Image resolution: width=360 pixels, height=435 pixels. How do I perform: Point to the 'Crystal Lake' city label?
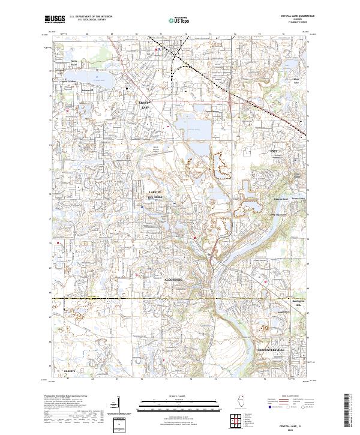pyautogui.click(x=148, y=104)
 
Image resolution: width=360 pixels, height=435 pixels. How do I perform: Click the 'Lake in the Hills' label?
pyautogui.click(x=155, y=193)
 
